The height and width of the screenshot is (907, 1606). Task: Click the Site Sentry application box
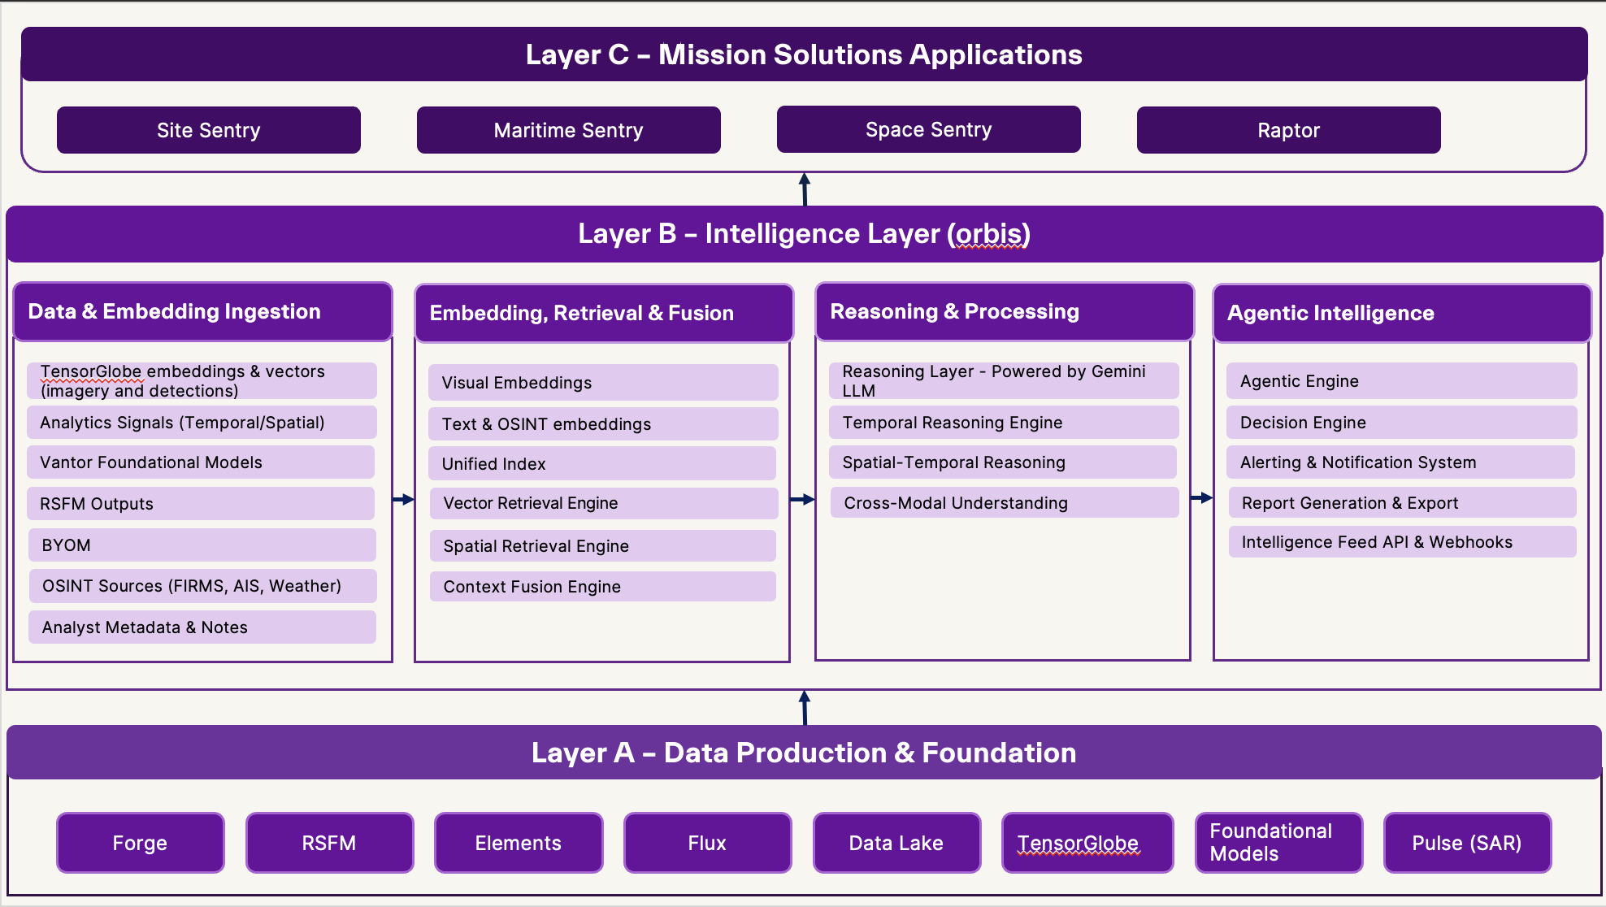click(208, 130)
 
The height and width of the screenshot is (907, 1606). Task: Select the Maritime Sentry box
click(568, 130)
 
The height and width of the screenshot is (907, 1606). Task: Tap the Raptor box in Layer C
click(1288, 130)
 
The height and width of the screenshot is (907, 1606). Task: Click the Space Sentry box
click(928, 129)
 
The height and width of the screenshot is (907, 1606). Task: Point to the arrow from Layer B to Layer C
click(804, 189)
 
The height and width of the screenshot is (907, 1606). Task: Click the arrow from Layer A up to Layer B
click(804, 707)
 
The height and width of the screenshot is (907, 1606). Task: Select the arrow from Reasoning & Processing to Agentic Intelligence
click(1201, 497)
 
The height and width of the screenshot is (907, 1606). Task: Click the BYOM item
click(202, 545)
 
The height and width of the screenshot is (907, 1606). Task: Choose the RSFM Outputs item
click(200, 503)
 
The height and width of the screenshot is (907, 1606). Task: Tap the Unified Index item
click(601, 463)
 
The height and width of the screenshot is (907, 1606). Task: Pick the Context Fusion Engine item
click(602, 586)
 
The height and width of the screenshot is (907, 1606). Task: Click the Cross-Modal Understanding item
click(1004, 502)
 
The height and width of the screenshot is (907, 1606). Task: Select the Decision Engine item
click(1401, 422)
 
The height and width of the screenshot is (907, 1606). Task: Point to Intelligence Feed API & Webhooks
click(1402, 542)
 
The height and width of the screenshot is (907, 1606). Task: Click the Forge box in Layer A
click(140, 843)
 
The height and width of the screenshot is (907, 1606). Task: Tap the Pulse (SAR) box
click(1467, 843)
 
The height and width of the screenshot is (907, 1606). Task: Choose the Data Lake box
click(896, 843)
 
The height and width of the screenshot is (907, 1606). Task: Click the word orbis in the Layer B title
click(988, 234)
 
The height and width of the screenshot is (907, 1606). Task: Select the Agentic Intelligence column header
click(1401, 313)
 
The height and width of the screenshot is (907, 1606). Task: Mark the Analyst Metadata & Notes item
click(202, 627)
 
